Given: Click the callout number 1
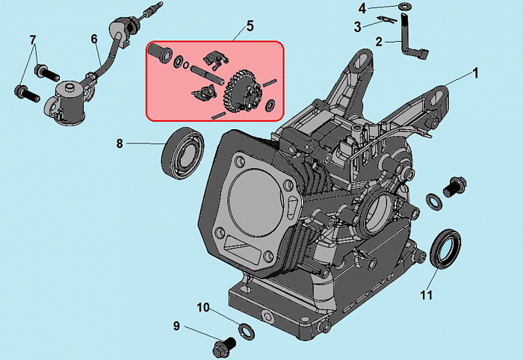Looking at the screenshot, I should [473, 74].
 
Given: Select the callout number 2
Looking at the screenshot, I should [379, 43].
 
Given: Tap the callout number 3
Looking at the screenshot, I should [358, 26].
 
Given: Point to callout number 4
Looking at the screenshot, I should [362, 8].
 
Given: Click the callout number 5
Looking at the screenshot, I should [250, 26].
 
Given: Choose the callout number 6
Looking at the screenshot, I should [94, 39].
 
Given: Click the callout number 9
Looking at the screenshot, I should [176, 326].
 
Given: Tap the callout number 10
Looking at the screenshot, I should [203, 308].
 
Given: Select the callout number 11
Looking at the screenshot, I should [426, 296].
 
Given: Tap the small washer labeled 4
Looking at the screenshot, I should [404, 7].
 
